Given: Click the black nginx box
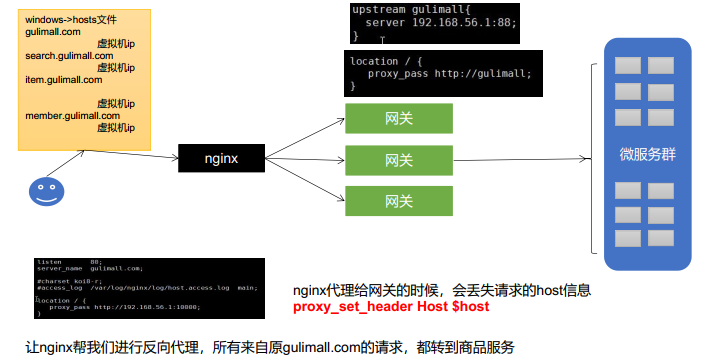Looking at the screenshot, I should coord(220,157).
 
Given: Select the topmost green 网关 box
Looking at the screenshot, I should coord(398,118).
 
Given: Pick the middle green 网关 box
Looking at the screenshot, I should coord(398,160).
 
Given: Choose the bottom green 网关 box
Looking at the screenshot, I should coord(398,201).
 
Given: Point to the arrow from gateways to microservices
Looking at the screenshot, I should coord(535,157).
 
